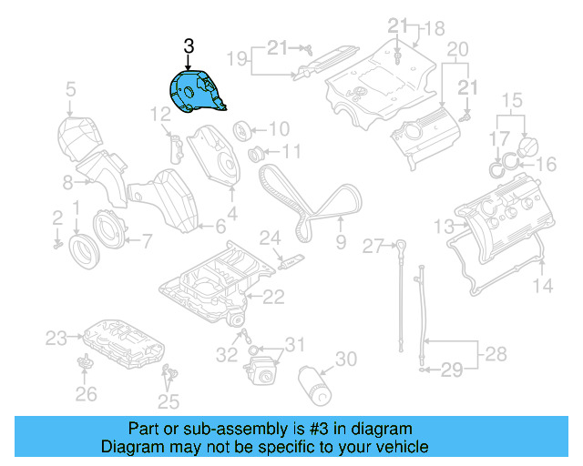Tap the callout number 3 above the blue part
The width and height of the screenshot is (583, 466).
click(x=189, y=46)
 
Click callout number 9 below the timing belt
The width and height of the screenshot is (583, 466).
click(x=341, y=242)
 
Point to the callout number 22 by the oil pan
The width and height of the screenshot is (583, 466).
click(x=273, y=296)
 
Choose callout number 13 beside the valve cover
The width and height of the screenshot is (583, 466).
click(x=443, y=225)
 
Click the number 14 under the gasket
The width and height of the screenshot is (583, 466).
click(x=542, y=286)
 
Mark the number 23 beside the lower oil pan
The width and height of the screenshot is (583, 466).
click(x=56, y=339)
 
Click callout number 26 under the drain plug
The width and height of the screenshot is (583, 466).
click(x=85, y=394)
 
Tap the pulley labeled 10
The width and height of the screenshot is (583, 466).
click(x=243, y=128)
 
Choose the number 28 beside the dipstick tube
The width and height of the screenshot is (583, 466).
click(x=495, y=352)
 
